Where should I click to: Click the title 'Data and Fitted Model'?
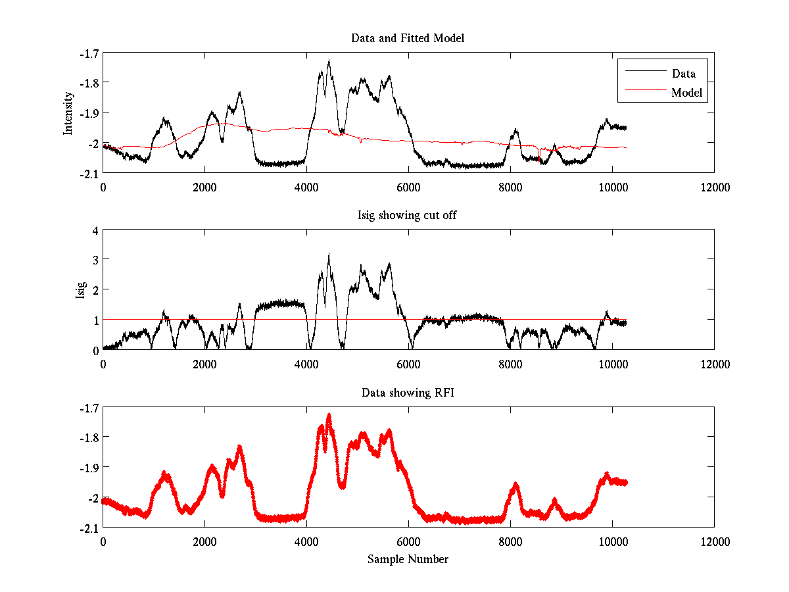pos(408,38)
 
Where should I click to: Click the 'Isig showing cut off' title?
pos(408,216)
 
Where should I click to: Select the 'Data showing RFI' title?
pos(408,393)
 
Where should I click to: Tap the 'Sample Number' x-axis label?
pos(408,559)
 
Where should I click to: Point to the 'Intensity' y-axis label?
pos(68,113)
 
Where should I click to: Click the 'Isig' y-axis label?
pos(80,290)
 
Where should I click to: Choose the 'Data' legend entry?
pos(683,74)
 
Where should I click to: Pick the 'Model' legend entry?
pos(686,93)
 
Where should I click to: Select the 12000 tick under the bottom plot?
pos(715,541)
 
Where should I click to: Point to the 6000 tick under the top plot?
pos(408,187)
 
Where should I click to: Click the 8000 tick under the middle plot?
pos(510,364)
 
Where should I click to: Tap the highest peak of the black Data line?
pos(329,61)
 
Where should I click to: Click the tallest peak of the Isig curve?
pos(329,253)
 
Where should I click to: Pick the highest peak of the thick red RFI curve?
pos(329,414)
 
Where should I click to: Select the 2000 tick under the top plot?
pos(204,187)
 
